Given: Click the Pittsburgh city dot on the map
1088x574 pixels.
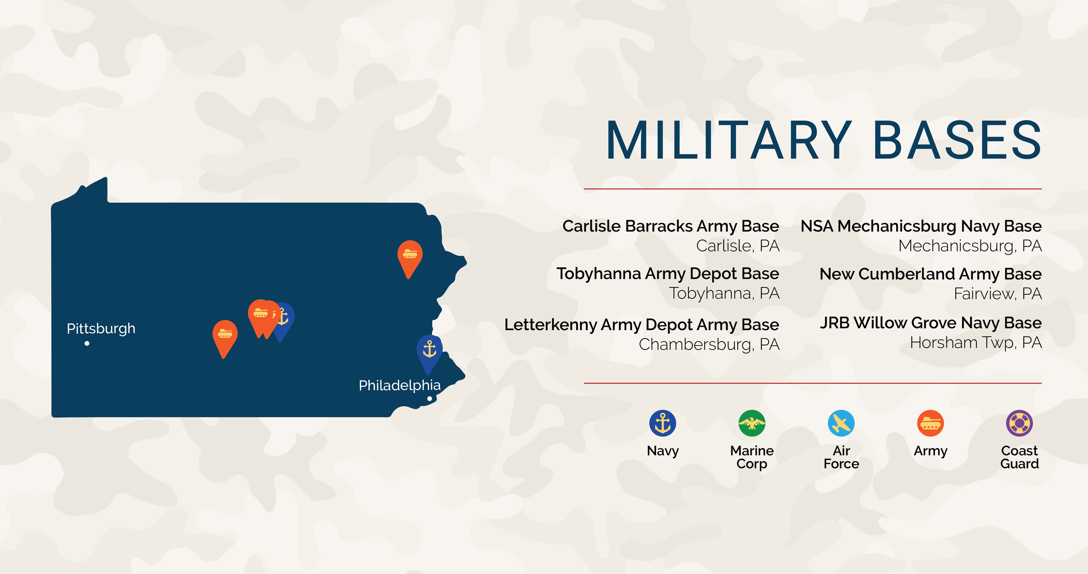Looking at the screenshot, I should coord(87,343).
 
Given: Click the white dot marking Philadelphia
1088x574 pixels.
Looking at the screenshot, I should coord(429,398).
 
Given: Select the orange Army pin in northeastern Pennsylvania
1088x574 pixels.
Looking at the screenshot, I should coord(410,255).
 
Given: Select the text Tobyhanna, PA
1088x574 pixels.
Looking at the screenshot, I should coord(724,293).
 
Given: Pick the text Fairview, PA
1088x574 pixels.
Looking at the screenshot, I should coord(998,294).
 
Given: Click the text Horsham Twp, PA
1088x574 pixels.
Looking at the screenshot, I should coord(976,343).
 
